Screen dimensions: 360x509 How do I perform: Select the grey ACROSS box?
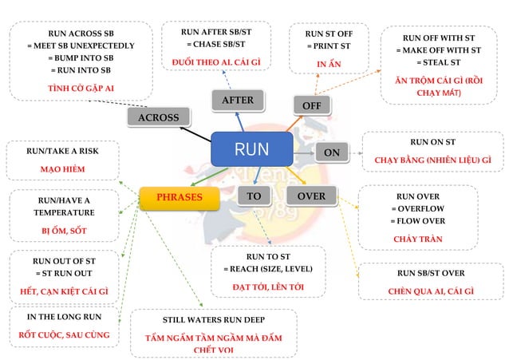(158, 117)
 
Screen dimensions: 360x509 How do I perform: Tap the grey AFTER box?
(237, 101)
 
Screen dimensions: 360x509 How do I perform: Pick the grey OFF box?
(311, 105)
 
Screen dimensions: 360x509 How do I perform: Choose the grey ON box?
(333, 152)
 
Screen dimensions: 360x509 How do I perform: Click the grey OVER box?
(310, 196)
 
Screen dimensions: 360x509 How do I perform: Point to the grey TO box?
(254, 196)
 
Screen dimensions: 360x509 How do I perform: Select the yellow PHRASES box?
(180, 197)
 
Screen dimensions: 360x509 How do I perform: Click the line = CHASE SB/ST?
(216, 45)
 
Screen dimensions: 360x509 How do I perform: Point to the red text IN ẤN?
(329, 62)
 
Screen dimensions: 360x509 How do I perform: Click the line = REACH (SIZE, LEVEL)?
(267, 269)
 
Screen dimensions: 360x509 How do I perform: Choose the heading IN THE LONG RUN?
(65, 317)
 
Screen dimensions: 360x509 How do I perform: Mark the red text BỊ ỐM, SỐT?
(64, 231)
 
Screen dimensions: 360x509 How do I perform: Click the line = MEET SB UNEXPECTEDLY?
(81, 45)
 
